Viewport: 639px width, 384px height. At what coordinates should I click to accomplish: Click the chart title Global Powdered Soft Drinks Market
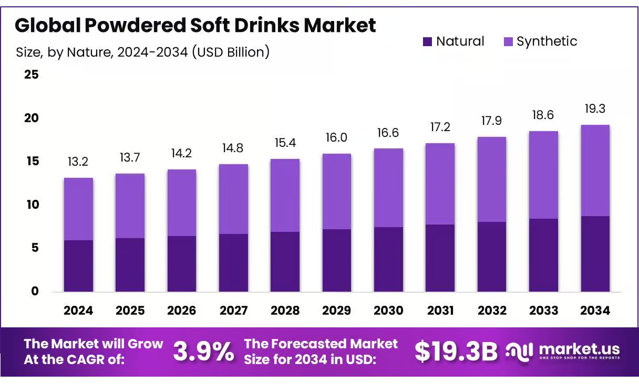(x=195, y=25)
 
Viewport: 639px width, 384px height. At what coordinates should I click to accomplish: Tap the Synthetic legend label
(x=547, y=41)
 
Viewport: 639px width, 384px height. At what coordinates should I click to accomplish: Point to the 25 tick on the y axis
(x=32, y=74)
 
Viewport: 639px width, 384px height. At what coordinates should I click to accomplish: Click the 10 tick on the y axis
(x=32, y=205)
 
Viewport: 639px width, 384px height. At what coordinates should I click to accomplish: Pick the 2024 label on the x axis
(x=78, y=311)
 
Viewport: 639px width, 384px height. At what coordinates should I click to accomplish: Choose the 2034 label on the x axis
(x=595, y=311)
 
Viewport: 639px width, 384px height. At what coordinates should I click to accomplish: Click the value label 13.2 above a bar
(x=78, y=162)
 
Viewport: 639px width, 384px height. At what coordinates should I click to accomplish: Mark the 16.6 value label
(x=388, y=133)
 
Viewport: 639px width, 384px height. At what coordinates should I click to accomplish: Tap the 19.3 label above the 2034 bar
(x=595, y=109)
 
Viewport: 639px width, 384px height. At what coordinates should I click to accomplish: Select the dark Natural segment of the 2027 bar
(x=233, y=262)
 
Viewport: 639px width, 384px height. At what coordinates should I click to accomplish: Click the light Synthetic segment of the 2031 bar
(x=440, y=184)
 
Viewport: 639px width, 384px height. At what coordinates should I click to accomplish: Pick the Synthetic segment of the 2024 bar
(x=78, y=209)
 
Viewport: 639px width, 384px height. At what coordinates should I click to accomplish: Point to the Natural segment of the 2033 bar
(x=543, y=255)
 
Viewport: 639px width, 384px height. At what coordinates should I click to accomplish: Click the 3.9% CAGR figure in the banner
(x=203, y=352)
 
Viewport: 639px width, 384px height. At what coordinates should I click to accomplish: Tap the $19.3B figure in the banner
(x=456, y=352)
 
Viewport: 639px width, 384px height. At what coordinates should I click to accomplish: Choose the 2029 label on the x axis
(x=337, y=311)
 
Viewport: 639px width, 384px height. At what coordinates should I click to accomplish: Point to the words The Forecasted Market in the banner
(x=321, y=344)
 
